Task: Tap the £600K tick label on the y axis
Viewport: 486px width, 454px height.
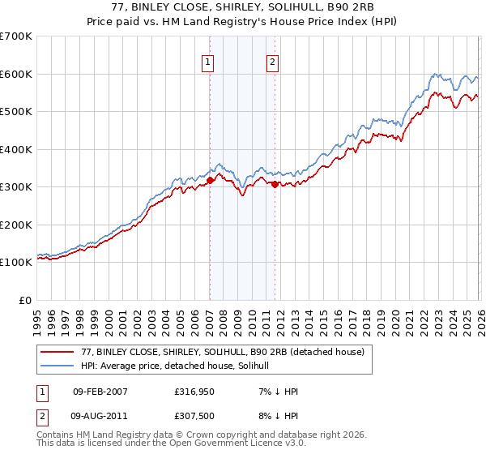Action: pos(16,74)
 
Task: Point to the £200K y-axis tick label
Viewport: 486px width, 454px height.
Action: pos(16,225)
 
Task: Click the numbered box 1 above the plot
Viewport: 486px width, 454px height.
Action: pos(208,62)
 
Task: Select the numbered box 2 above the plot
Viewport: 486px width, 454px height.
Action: pos(273,62)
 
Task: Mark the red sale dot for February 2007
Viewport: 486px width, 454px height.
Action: pos(210,181)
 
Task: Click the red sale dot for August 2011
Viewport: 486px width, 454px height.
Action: pos(275,184)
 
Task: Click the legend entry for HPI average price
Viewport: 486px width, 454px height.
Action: pos(180,366)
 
